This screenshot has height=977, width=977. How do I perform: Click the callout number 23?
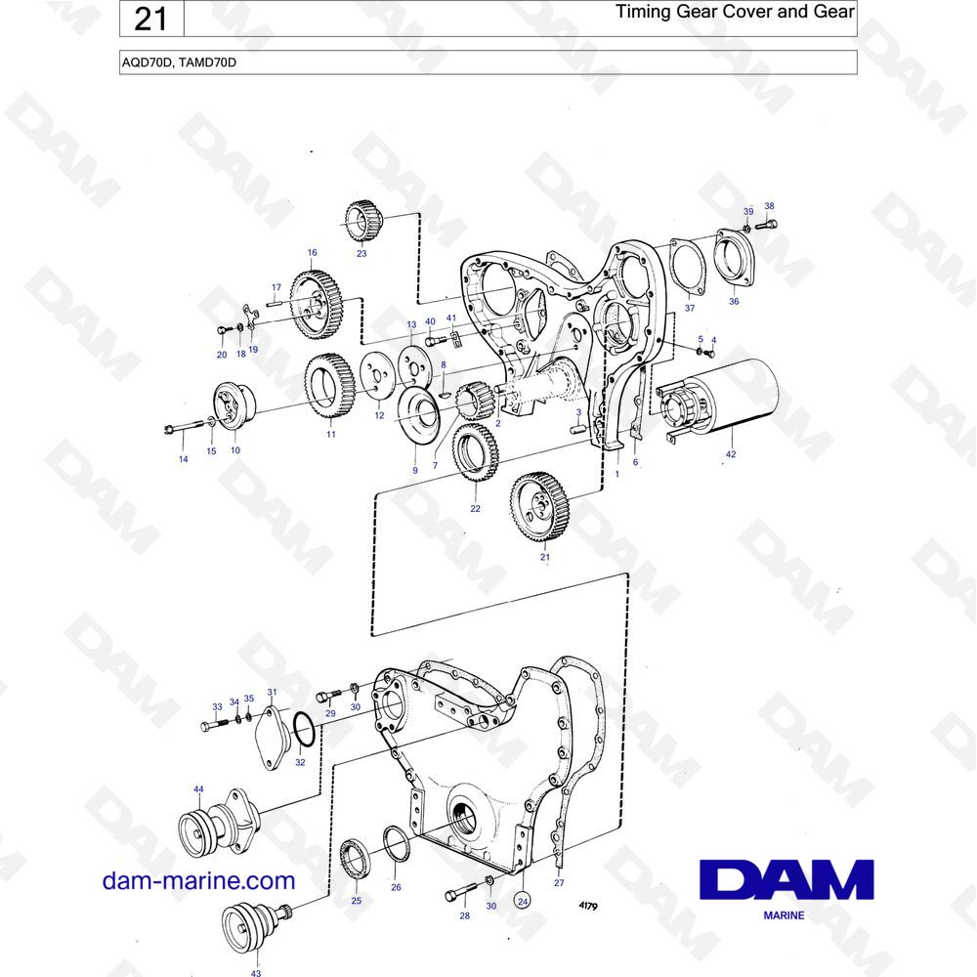click(361, 254)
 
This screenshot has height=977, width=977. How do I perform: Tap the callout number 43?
click(256, 973)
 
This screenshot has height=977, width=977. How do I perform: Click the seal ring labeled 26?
click(395, 844)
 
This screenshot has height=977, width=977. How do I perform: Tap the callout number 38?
click(769, 206)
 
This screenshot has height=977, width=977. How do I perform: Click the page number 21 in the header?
click(150, 19)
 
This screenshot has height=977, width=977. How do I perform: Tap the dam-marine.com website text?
click(198, 881)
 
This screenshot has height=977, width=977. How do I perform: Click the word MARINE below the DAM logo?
click(784, 915)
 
